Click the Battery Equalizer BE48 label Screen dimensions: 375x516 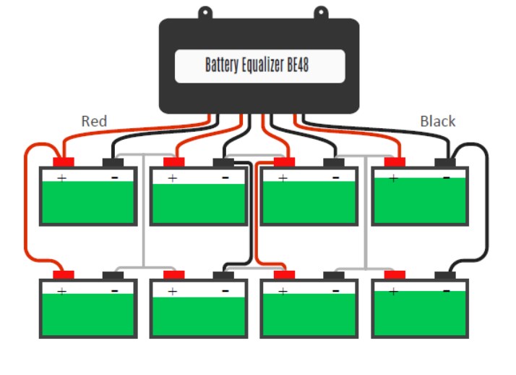[x=258, y=66]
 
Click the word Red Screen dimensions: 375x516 [x=94, y=121]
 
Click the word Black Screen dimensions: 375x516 [x=438, y=121]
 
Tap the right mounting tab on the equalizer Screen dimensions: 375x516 [x=320, y=12]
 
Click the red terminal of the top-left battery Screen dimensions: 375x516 [x=64, y=162]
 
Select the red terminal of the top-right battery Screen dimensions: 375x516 [x=395, y=162]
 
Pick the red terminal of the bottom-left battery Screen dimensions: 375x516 [x=64, y=275]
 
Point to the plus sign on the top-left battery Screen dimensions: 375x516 [x=61, y=177]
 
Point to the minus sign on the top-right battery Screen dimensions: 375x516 [x=446, y=177]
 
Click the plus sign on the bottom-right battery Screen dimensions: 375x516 [x=392, y=291]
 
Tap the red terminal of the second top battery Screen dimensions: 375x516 [x=173, y=162]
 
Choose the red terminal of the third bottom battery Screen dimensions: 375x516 [x=284, y=275]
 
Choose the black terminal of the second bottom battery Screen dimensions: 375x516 [x=223, y=276]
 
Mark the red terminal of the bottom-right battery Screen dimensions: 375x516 [x=395, y=275]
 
